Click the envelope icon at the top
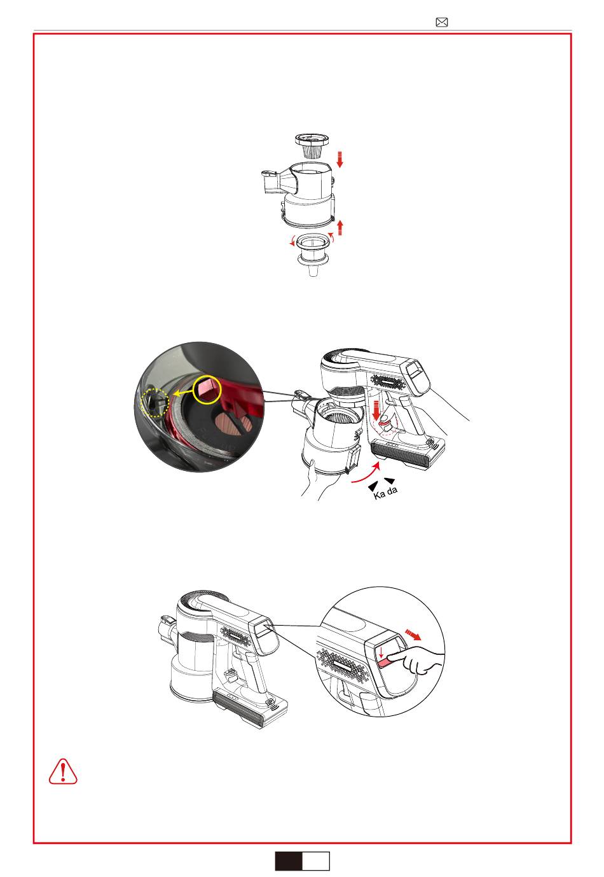(441, 22)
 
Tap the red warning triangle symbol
(63, 771)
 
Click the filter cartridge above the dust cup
(312, 145)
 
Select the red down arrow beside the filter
(340, 159)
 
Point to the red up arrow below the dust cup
(340, 228)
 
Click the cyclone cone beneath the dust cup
(312, 255)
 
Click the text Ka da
(385, 492)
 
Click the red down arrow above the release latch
(377, 410)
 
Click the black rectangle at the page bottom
(289, 860)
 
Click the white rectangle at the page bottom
(316, 860)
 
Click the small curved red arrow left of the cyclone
(292, 242)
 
